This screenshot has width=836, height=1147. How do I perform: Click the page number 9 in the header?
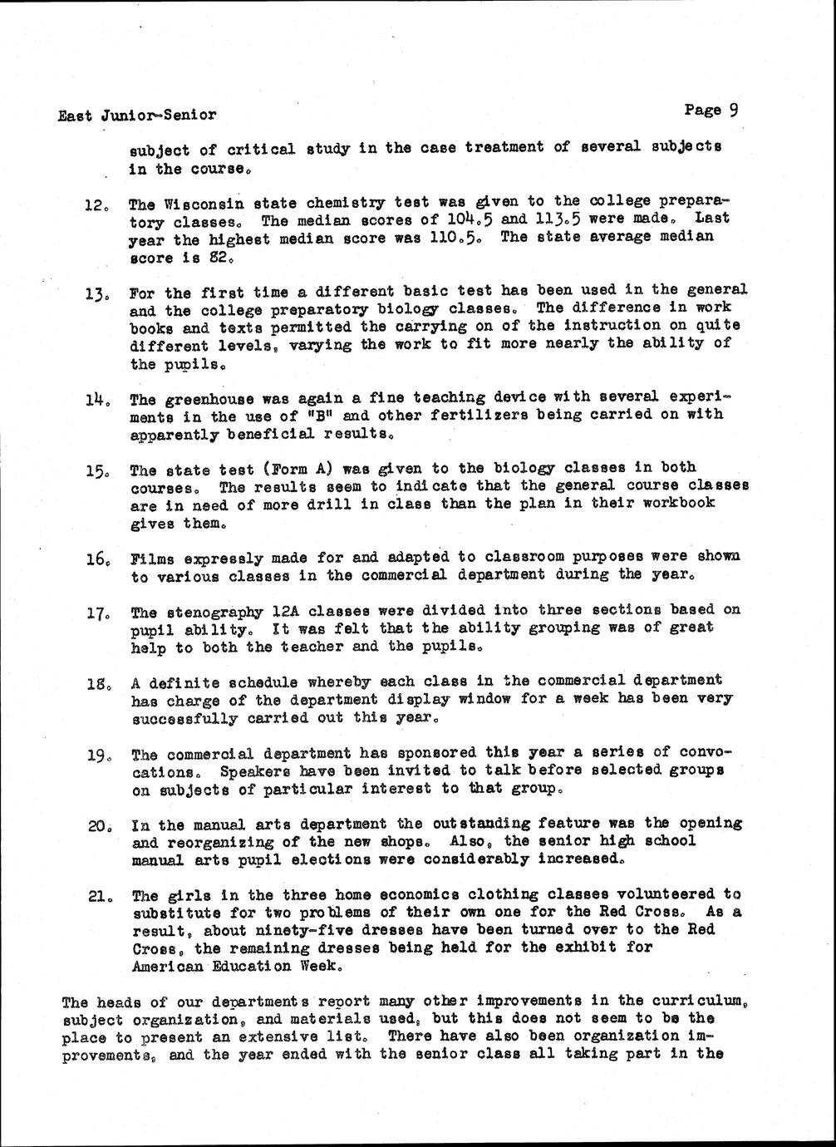733,110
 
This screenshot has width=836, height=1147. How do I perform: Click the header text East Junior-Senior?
137,116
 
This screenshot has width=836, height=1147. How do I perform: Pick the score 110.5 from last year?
452,238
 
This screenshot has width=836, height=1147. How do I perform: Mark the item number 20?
98,827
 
